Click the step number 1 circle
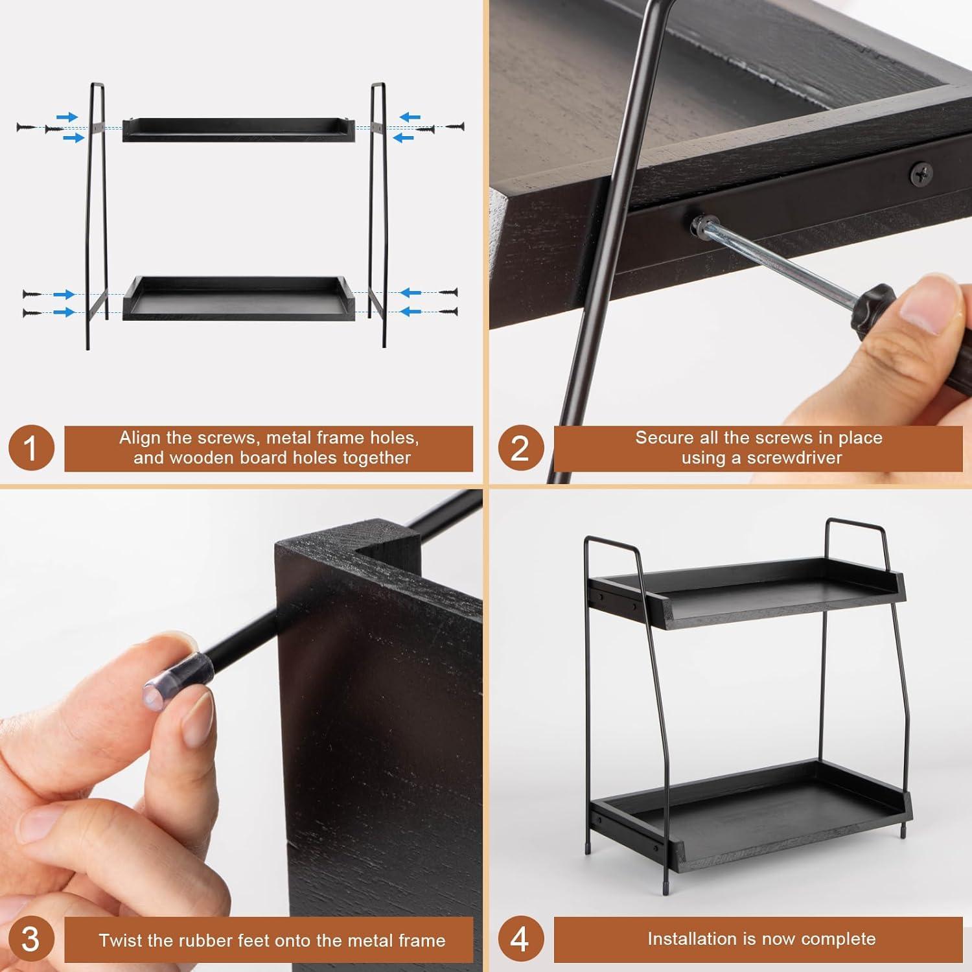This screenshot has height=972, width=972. click(x=30, y=448)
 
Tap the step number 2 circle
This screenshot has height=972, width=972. click(x=520, y=448)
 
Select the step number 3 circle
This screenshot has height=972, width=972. click(x=30, y=939)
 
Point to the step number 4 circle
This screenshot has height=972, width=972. click(x=520, y=939)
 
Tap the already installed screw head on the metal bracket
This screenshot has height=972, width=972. click(x=921, y=172)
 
